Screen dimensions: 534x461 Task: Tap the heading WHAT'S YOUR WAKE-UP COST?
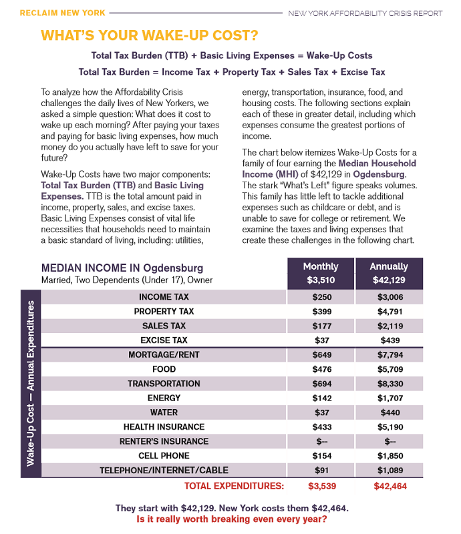point(150,35)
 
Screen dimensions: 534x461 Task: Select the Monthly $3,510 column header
point(321,273)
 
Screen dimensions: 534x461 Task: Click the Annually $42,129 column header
point(389,273)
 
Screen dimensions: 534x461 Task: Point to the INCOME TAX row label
point(164,297)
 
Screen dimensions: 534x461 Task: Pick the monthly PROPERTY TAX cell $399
point(322,312)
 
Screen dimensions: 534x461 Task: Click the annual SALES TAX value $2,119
point(390,326)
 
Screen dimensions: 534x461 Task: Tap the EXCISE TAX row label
point(164,340)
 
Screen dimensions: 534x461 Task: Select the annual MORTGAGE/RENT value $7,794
point(390,355)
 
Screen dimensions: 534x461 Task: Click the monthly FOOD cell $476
point(322,369)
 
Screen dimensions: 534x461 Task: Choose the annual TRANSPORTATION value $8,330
point(390,384)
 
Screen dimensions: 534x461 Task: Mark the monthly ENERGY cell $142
point(322,398)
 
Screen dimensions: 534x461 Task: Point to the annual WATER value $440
point(390,413)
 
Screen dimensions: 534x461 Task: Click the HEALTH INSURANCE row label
point(164,427)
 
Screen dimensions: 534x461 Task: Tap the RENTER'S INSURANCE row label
point(164,441)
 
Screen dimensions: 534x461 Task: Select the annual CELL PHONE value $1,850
point(390,455)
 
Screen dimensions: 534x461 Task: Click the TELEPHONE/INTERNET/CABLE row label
point(164,470)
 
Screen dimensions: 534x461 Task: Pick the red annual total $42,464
point(390,486)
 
